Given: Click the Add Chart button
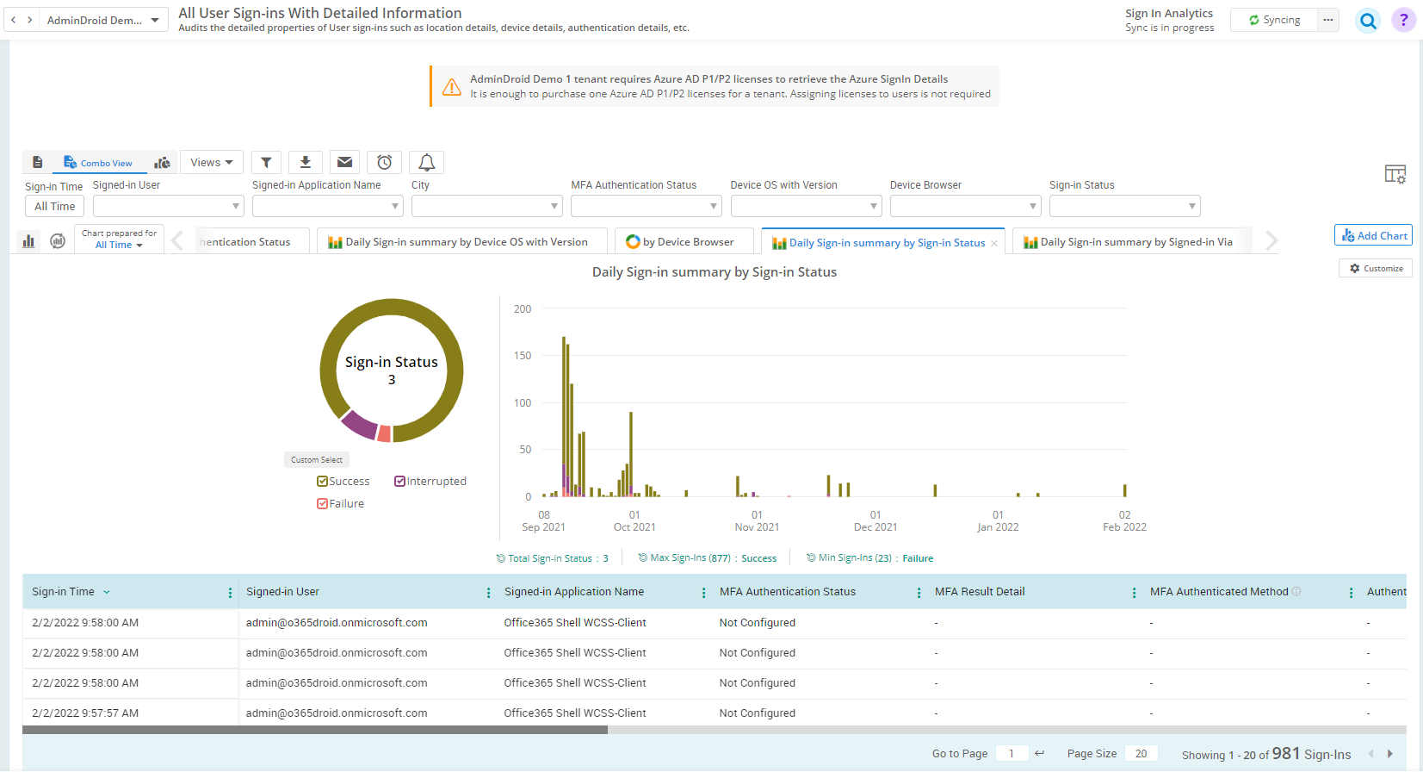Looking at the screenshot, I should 1373,235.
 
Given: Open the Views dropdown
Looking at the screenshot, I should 211,162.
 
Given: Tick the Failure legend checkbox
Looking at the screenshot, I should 323,504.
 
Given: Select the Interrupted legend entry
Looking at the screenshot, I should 430,482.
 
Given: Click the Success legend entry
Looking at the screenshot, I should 343,482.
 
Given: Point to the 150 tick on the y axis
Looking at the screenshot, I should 523,356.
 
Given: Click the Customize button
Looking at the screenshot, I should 1376,269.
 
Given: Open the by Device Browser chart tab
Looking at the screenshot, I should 684,242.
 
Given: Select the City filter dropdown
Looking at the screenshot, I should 486,206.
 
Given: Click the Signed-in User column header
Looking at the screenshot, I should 282,592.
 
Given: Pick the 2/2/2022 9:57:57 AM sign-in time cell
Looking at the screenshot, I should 85,713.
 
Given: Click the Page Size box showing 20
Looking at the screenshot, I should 1141,754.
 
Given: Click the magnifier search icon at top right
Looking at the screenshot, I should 1367,21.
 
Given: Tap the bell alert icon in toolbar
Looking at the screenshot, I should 426,162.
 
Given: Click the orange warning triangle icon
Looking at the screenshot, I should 451,87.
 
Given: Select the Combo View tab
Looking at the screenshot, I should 98,163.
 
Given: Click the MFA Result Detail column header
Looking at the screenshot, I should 980,592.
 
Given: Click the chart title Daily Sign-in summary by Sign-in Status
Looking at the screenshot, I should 714,272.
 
